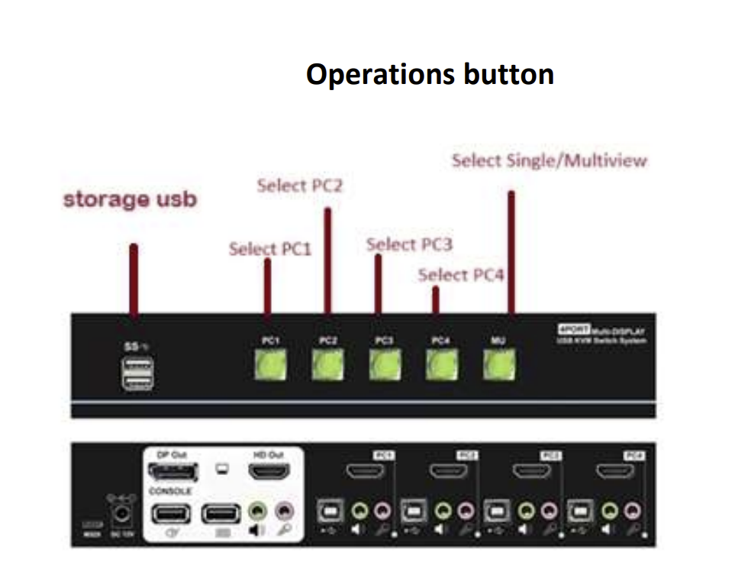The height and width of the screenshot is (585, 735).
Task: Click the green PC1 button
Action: tap(270, 364)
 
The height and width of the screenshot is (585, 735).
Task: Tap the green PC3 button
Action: tap(384, 364)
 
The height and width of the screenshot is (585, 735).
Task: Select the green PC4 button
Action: tap(441, 364)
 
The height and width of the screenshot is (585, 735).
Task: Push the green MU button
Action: tap(499, 364)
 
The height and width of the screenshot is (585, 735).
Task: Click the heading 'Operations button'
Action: tap(430, 75)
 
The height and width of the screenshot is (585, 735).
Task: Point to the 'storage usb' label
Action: tap(130, 200)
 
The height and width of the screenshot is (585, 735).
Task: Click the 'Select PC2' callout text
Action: tap(300, 186)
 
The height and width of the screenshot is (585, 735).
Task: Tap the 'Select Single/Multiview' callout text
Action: tap(549, 161)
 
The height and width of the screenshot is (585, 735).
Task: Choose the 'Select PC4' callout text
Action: tap(461, 275)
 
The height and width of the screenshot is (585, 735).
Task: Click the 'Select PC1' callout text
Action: tap(270, 249)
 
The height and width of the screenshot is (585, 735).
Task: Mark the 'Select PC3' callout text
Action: tap(409, 244)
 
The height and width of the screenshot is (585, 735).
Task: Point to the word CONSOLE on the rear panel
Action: tap(170, 491)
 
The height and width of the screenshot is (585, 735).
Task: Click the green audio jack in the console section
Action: tap(260, 509)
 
